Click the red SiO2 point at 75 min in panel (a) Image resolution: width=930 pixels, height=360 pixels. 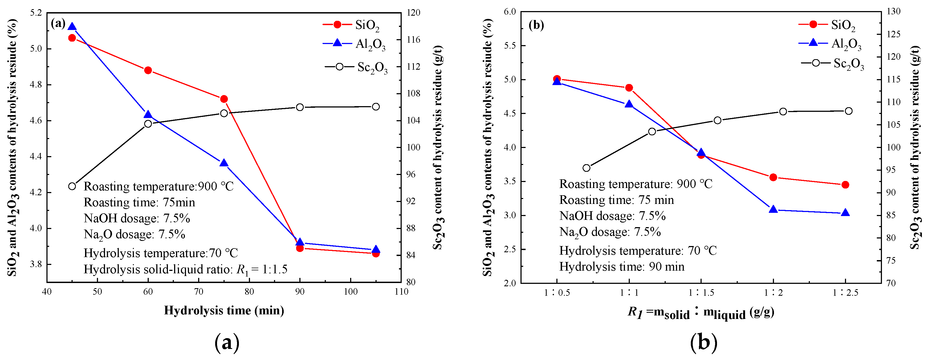point(224,99)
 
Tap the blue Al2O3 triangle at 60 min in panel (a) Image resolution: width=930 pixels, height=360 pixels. point(148,115)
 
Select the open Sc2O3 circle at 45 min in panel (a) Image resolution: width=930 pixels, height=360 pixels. point(72,186)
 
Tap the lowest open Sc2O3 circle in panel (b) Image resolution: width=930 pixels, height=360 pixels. point(587,168)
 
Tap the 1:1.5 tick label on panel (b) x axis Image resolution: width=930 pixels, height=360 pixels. point(701,293)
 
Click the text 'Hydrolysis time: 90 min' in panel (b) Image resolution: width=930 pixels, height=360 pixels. point(622,267)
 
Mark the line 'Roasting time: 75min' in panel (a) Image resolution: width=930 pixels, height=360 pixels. point(139,202)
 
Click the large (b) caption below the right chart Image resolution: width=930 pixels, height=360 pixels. point(703,342)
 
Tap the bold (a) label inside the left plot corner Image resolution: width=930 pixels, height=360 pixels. point(58,24)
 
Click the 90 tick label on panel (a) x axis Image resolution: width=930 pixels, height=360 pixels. point(300,292)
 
